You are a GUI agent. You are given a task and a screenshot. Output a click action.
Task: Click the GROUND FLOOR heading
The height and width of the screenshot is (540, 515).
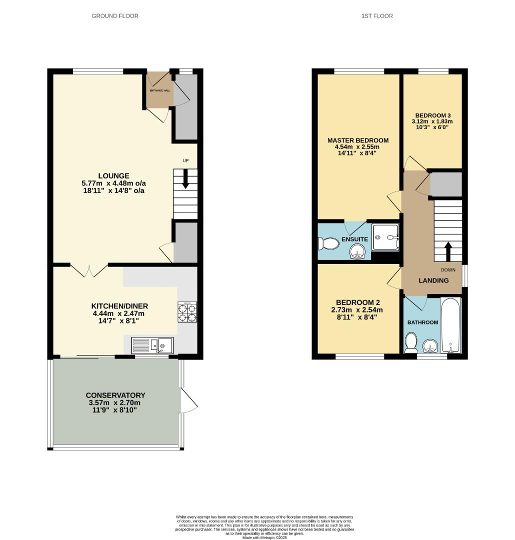click(x=115, y=16)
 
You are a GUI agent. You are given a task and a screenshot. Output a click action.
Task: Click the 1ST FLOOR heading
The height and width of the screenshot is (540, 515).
click(x=377, y=16)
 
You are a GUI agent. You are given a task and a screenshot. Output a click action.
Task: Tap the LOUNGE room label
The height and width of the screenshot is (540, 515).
click(x=113, y=176)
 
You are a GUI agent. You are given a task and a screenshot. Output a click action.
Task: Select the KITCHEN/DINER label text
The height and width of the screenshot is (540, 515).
click(x=119, y=306)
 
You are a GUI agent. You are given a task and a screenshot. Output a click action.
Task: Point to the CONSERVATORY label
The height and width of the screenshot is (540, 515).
click(x=115, y=395)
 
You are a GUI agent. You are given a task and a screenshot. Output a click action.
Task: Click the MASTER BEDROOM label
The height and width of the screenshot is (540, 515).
click(x=357, y=140)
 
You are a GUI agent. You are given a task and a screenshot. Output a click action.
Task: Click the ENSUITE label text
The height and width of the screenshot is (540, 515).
click(x=354, y=239)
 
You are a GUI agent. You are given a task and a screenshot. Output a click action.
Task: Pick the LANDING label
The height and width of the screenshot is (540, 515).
click(x=433, y=280)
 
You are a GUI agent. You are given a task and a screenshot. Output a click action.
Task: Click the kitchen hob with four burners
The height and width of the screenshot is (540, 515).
click(x=187, y=311)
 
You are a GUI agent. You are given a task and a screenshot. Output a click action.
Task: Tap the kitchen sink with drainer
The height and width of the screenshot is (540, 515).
click(x=152, y=345)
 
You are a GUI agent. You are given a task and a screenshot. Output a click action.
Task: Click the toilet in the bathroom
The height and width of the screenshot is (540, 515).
click(x=411, y=343)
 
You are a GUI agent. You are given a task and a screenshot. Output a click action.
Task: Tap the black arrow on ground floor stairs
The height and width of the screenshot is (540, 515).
click(x=185, y=179)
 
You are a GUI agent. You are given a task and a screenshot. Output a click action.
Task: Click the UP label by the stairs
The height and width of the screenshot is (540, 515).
click(x=185, y=160)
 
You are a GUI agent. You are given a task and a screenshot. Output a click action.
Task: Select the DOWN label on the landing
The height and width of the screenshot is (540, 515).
click(x=448, y=270)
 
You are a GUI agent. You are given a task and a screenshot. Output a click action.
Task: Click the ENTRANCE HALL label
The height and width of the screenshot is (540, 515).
click(x=159, y=90)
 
